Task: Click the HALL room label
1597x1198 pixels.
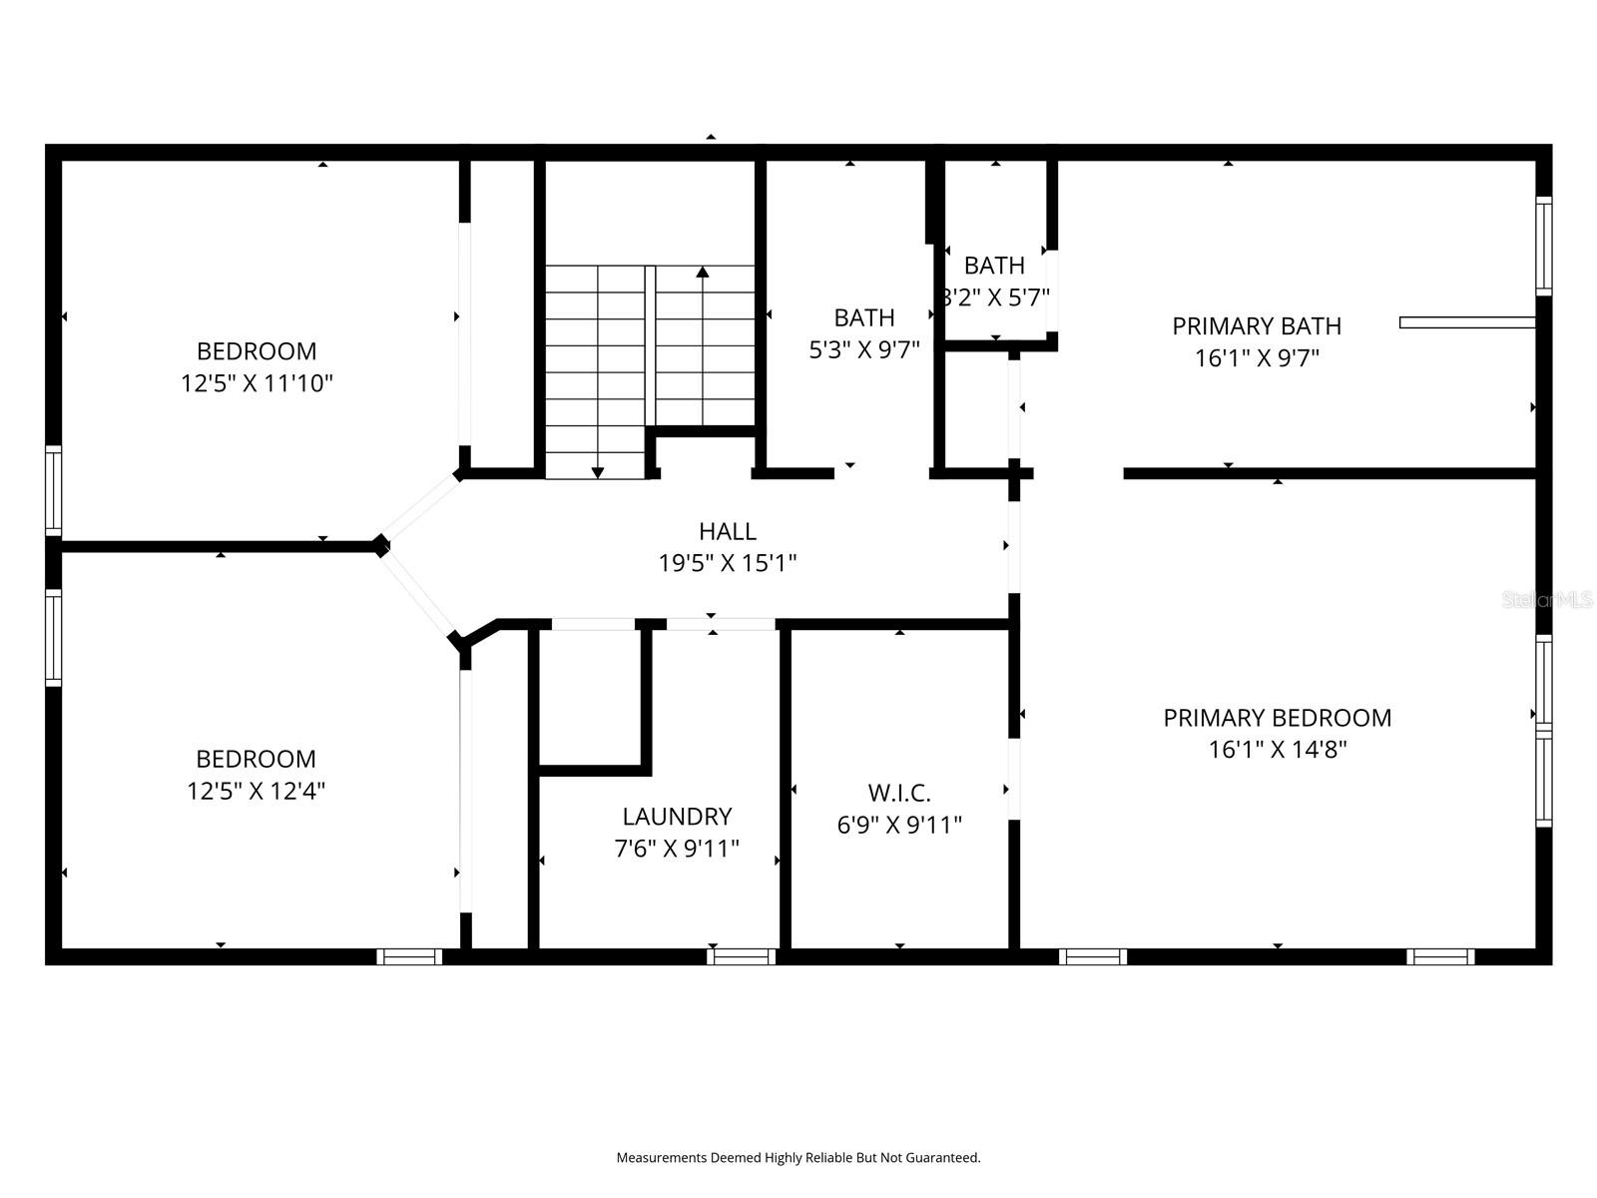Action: pyautogui.click(x=727, y=531)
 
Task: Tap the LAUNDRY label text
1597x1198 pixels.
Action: pyautogui.click(x=677, y=817)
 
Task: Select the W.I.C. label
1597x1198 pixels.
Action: pyautogui.click(x=898, y=793)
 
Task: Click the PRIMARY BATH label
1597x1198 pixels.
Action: pyautogui.click(x=1256, y=325)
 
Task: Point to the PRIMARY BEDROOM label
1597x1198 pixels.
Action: pyautogui.click(x=1277, y=718)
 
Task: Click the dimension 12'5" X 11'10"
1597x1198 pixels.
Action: pyautogui.click(x=257, y=383)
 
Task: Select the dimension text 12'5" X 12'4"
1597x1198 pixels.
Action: pyautogui.click(x=257, y=791)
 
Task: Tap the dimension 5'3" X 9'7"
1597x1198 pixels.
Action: pyautogui.click(x=863, y=349)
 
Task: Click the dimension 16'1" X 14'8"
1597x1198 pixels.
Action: pyautogui.click(x=1277, y=750)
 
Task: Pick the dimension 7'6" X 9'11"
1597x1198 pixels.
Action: pyautogui.click(x=677, y=849)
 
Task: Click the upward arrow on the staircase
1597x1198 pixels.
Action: pyautogui.click(x=703, y=273)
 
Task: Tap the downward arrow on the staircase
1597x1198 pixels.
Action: pyautogui.click(x=598, y=471)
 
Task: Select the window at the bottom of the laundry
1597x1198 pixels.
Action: pyautogui.click(x=742, y=956)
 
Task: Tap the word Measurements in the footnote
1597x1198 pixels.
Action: pyautogui.click(x=661, y=1158)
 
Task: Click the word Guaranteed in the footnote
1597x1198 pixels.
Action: pyautogui.click(x=945, y=1158)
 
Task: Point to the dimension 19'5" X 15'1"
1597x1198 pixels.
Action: pyautogui.click(x=727, y=564)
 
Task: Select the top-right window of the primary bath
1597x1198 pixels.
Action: pyautogui.click(x=1543, y=246)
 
